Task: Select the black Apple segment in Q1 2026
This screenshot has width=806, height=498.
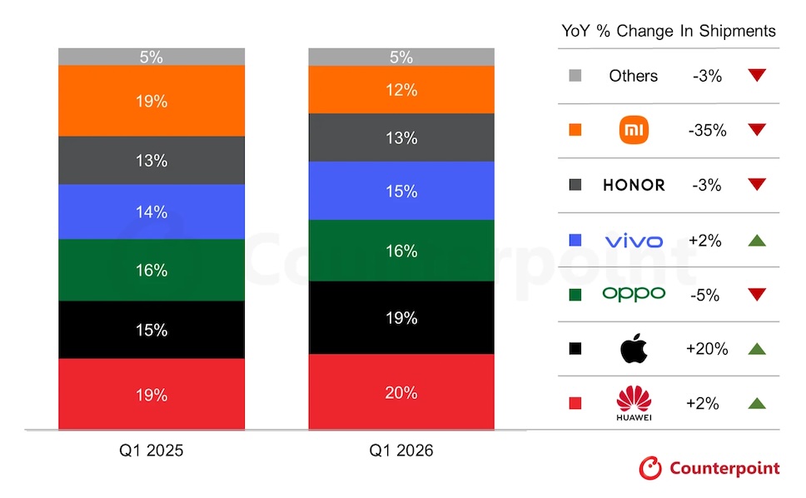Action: pyautogui.click(x=401, y=317)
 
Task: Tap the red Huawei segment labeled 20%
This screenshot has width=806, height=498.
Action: pyautogui.click(x=401, y=392)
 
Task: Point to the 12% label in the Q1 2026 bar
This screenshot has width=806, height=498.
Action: pyautogui.click(x=401, y=90)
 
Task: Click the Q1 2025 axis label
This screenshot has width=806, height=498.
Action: pyautogui.click(x=151, y=451)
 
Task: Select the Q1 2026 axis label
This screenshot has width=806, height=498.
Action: pyautogui.click(x=401, y=451)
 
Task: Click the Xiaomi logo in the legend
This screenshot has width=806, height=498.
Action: pyautogui.click(x=634, y=130)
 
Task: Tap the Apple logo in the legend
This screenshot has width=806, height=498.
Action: pyautogui.click(x=634, y=349)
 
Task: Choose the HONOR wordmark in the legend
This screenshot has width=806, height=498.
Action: pyautogui.click(x=634, y=185)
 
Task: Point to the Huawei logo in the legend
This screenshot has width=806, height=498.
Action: pyautogui.click(x=634, y=404)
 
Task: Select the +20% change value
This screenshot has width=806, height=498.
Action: pyautogui.click(x=707, y=349)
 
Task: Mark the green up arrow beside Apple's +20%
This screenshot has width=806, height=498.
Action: pyautogui.click(x=756, y=349)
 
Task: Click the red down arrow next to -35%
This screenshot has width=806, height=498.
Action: pyautogui.click(x=756, y=130)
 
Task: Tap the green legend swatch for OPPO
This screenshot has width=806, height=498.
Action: pyautogui.click(x=574, y=294)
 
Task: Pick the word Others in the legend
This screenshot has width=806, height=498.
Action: pyautogui.click(x=633, y=76)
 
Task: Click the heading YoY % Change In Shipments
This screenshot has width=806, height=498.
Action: pyautogui.click(x=669, y=32)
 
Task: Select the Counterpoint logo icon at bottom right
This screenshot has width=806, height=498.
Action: pyautogui.click(x=650, y=468)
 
